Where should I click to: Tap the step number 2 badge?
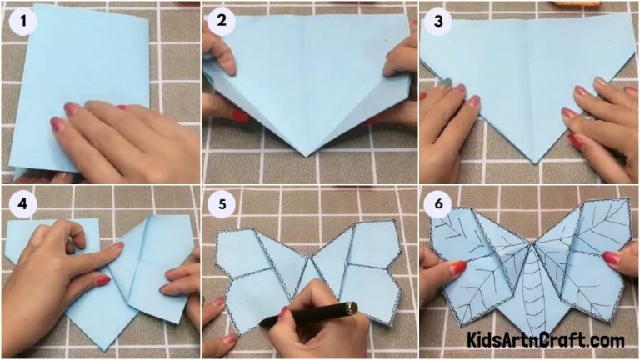pos(222,21)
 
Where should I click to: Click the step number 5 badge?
pos(222,205)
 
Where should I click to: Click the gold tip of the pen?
pos(352,307)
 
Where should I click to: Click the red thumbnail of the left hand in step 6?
pos(457,268)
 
